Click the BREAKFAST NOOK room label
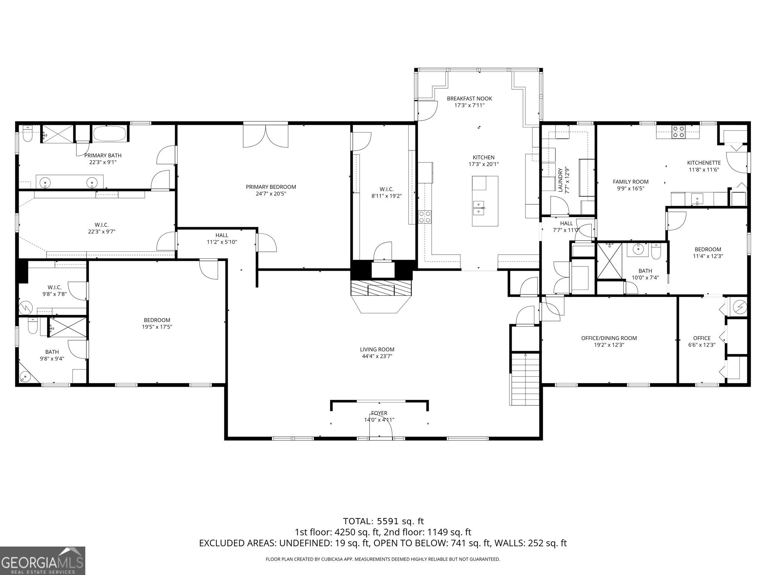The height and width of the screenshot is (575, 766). point(469,98)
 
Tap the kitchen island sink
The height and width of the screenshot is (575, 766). point(479,208)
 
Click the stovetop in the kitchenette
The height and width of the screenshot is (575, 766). point(678,132)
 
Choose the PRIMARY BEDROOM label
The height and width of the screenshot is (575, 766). point(271,187)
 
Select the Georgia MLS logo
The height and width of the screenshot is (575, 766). point(43,560)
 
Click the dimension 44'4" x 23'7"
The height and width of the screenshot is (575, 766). point(377,356)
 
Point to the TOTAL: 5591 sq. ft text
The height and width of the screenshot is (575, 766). point(383,521)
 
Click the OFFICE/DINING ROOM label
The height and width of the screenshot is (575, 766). point(609,338)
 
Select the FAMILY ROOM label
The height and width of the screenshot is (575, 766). point(631,182)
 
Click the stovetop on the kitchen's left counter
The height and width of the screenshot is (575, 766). point(425,216)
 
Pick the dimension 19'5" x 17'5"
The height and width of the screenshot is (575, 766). point(157,327)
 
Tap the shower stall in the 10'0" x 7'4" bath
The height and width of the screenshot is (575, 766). point(609,261)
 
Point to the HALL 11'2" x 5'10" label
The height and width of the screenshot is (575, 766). point(222,238)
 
